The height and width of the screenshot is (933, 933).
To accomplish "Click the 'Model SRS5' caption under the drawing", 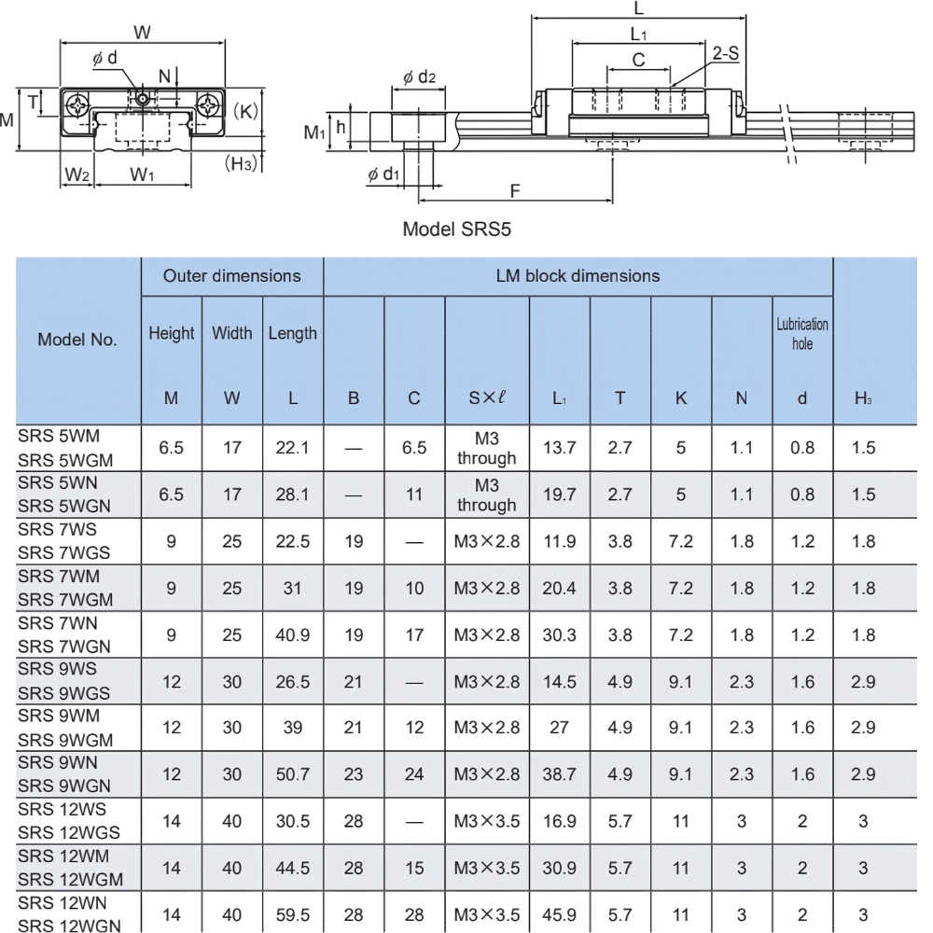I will [x=456, y=229].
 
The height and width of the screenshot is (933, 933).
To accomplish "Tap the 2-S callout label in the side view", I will [x=725, y=53].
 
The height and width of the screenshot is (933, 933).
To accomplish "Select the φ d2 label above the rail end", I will [x=420, y=77].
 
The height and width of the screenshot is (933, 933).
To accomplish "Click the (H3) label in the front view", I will [x=243, y=164].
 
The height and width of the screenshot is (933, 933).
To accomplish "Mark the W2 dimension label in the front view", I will [x=77, y=174].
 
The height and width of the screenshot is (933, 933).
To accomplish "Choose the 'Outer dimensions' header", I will [x=231, y=276].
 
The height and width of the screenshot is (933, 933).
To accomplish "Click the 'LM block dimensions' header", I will [x=578, y=276].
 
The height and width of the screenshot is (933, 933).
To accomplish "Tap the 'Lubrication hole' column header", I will [x=801, y=334].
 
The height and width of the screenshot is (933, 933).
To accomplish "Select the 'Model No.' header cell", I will [x=77, y=340].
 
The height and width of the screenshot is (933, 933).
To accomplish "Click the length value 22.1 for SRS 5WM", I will [x=293, y=448].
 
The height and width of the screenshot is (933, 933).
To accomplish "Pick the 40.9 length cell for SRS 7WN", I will [x=293, y=634].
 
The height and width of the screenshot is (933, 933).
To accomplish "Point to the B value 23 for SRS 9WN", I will [x=354, y=774].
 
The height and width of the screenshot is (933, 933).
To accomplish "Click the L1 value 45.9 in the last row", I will [x=559, y=914].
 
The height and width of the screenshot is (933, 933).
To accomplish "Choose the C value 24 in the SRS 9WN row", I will [x=414, y=774].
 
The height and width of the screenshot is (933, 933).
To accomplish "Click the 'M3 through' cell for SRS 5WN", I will [x=486, y=494].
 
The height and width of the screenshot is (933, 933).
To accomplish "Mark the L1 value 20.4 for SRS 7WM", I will [x=559, y=588].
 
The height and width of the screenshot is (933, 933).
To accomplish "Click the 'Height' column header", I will [x=172, y=333].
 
